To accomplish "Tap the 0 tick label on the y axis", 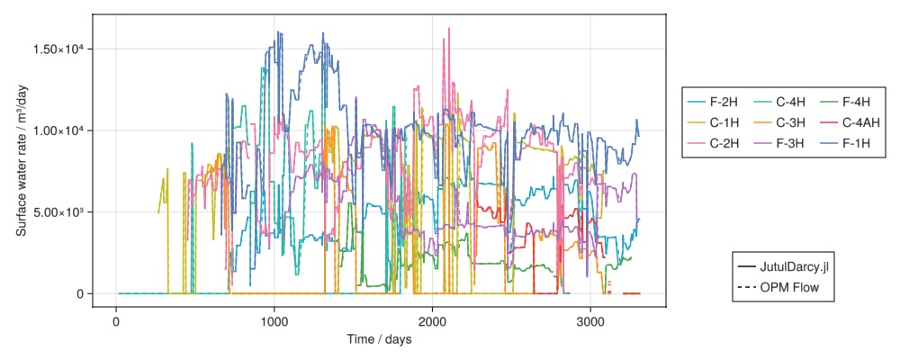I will click(81, 294).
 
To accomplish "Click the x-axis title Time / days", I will click(379, 339).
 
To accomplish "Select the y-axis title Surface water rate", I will click(22, 161).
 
